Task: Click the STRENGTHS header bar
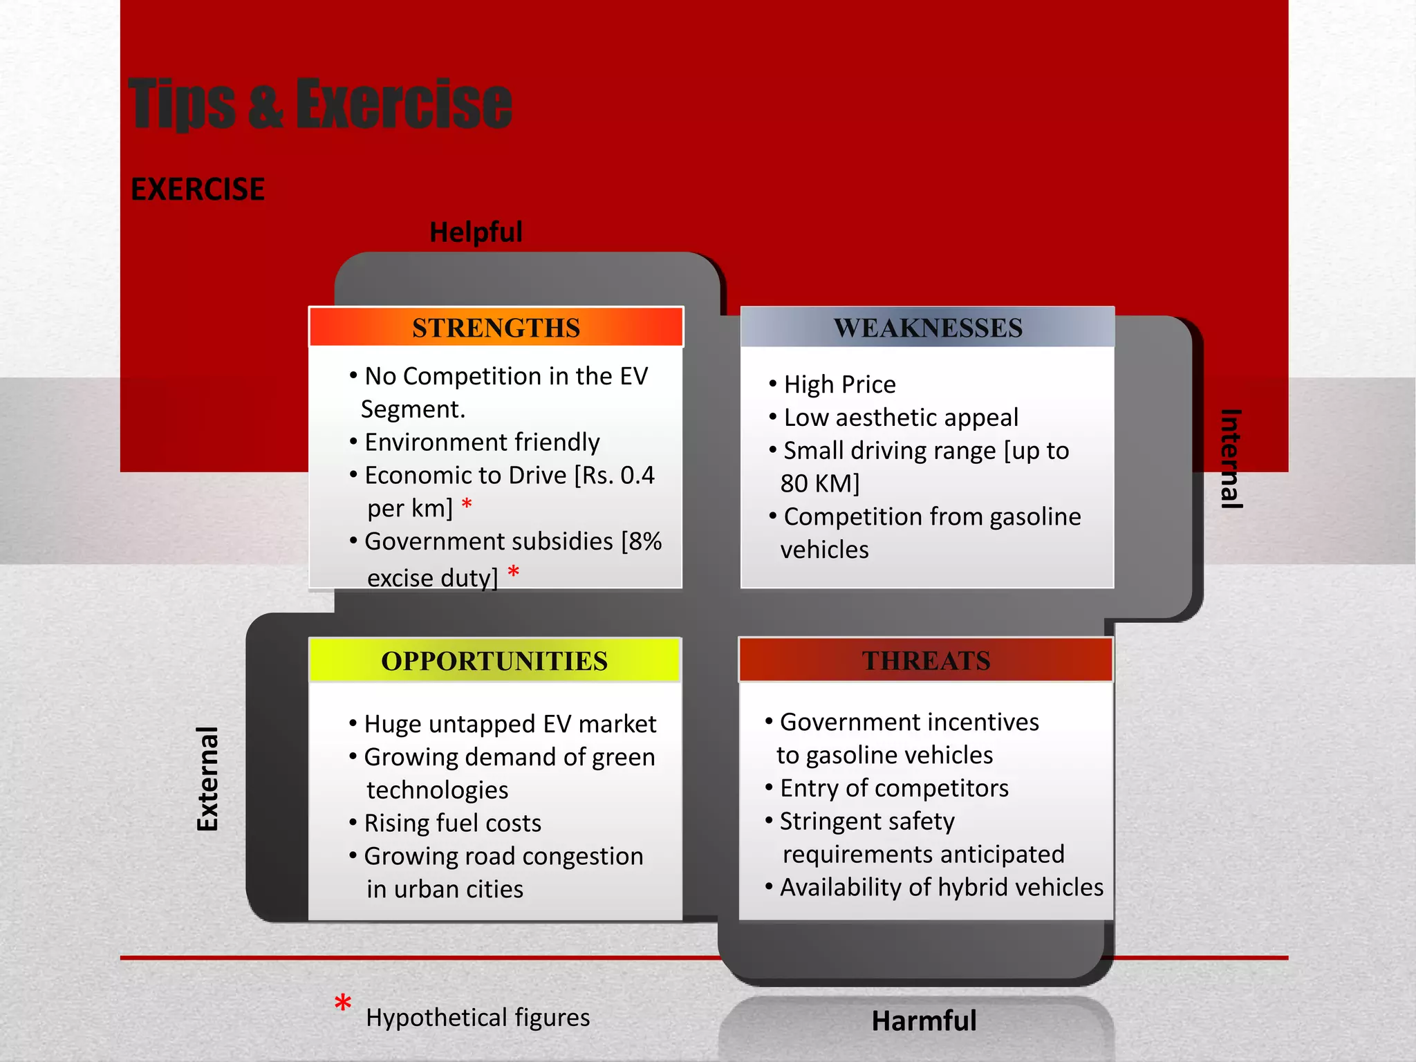(x=496, y=327)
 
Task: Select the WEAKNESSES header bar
(x=927, y=327)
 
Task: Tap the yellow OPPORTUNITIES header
(x=494, y=661)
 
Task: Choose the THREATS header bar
(x=926, y=660)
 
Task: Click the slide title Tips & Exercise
(x=320, y=104)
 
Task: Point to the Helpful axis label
(x=476, y=232)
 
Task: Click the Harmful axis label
(x=924, y=1021)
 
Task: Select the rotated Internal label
(x=1231, y=459)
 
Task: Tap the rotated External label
(x=207, y=779)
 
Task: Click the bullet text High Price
(x=839, y=384)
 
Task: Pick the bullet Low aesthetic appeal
(x=900, y=418)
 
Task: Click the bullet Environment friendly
(x=482, y=442)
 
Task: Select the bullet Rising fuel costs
(x=452, y=823)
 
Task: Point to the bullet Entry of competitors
(x=893, y=788)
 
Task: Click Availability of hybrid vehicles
(x=941, y=887)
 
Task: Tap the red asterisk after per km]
(x=467, y=505)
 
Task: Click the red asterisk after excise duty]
(x=513, y=572)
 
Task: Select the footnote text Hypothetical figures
(x=478, y=1017)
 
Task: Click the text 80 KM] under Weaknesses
(x=820, y=483)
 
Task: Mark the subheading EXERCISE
(x=198, y=189)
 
